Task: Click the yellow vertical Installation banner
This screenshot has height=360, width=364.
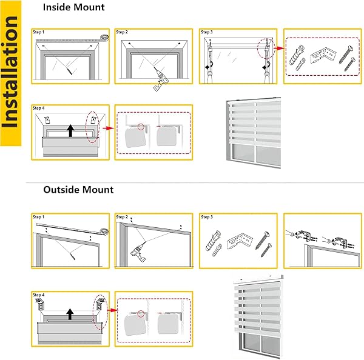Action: pos(11,73)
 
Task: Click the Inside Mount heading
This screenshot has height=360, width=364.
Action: pos(74,7)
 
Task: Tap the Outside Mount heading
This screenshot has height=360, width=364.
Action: pos(78,190)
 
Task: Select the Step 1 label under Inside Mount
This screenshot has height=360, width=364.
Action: pos(38,32)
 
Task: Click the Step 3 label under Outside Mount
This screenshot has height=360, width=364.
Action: pos(207,217)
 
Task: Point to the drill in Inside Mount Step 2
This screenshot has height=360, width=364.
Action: pos(160,81)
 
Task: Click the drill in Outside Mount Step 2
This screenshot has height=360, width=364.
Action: pos(138,252)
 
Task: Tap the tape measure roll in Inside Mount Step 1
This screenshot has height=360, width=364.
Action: pos(104,37)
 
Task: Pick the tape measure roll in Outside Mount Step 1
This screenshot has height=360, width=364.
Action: pos(104,232)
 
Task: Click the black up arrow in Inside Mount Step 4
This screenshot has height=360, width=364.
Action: pos(70,130)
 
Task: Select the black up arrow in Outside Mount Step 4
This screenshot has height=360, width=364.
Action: pos(70,314)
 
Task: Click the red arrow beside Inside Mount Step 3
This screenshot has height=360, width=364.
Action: pos(279,48)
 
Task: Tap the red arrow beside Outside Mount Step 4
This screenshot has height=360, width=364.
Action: pos(112,310)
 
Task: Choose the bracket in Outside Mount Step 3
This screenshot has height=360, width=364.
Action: pos(239,242)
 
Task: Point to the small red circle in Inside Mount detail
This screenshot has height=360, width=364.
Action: pos(141,127)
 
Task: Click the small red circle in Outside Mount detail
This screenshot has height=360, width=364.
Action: pos(141,313)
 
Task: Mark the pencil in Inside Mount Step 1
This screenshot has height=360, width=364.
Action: pos(69,70)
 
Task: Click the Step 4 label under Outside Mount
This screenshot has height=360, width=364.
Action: pos(38,295)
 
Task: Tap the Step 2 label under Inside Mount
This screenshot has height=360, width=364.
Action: pos(122,32)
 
